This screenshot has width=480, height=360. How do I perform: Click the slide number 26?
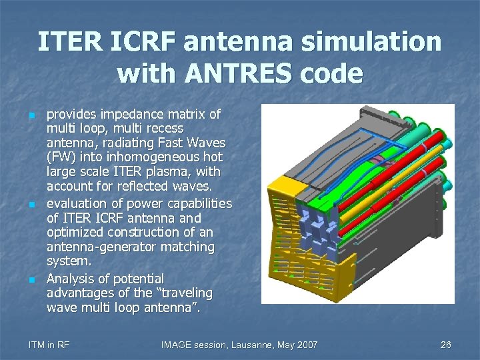pyautogui.click(x=446, y=345)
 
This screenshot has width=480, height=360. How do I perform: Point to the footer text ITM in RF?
pyautogui.click(x=49, y=345)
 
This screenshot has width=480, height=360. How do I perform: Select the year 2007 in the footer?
pyautogui.click(x=307, y=345)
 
